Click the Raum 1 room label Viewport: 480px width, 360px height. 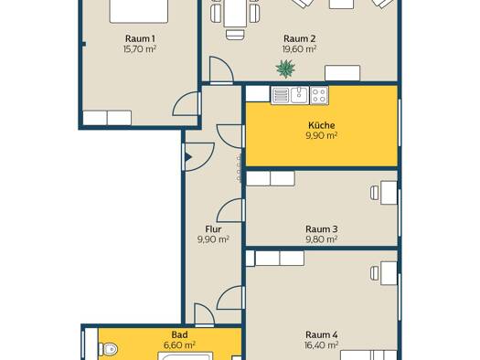tap(140, 39)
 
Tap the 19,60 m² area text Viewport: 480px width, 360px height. tap(299, 49)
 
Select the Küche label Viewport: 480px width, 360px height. tap(322, 125)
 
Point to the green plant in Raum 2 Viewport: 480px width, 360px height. tap(285, 69)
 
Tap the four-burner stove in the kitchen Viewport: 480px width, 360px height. tap(319, 95)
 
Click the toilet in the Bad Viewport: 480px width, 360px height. tap(108, 349)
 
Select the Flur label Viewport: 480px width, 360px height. tap(213, 229)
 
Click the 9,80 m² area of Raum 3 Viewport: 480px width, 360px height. tap(322, 239)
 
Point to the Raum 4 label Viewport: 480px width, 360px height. tap(322, 334)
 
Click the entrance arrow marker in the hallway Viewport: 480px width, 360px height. tap(188, 157)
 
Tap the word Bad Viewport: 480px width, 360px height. tap(179, 334)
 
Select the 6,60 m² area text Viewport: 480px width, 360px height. tap(179, 345)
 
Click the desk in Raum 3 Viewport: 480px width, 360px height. tap(389, 193)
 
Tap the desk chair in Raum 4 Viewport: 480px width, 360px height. tap(375, 273)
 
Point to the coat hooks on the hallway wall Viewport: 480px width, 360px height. tap(239, 168)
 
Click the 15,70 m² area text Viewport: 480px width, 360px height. tap(140, 49)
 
